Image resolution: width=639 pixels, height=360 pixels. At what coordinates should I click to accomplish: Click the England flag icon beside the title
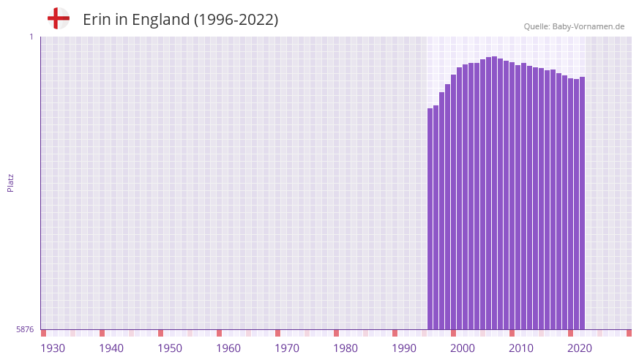click(x=58, y=18)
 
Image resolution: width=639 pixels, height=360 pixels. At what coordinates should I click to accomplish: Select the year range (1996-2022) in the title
click(x=236, y=20)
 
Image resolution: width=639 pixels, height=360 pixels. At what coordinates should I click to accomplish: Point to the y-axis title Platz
click(x=10, y=182)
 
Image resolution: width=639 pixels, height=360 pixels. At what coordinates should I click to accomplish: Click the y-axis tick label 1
click(x=31, y=37)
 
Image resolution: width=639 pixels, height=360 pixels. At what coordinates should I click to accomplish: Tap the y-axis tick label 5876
click(x=25, y=329)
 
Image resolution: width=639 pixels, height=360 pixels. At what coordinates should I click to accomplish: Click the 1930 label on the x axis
click(x=53, y=348)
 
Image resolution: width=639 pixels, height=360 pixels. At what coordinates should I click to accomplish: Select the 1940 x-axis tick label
click(x=111, y=348)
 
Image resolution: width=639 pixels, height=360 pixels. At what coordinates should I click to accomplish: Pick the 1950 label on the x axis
click(x=170, y=348)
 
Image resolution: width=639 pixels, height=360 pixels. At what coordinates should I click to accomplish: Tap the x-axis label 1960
click(x=228, y=348)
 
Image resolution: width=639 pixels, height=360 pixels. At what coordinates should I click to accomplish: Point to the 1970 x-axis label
click(x=287, y=348)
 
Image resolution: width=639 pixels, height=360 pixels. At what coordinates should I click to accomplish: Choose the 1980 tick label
click(x=345, y=348)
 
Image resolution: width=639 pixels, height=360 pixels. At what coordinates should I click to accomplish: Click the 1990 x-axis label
click(x=404, y=348)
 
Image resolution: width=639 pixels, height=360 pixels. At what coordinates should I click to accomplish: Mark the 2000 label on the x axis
click(x=463, y=348)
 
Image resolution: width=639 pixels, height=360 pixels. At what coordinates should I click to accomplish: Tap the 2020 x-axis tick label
click(x=580, y=348)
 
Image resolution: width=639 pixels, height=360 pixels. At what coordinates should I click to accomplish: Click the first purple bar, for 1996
click(x=430, y=220)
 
